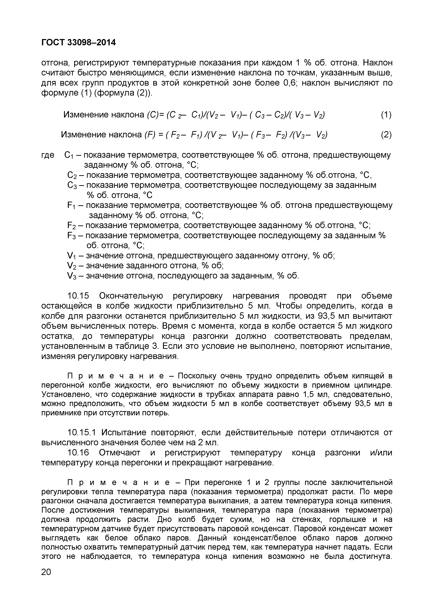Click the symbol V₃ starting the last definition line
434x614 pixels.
[x=72, y=276]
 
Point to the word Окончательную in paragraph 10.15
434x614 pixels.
[x=131, y=296]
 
